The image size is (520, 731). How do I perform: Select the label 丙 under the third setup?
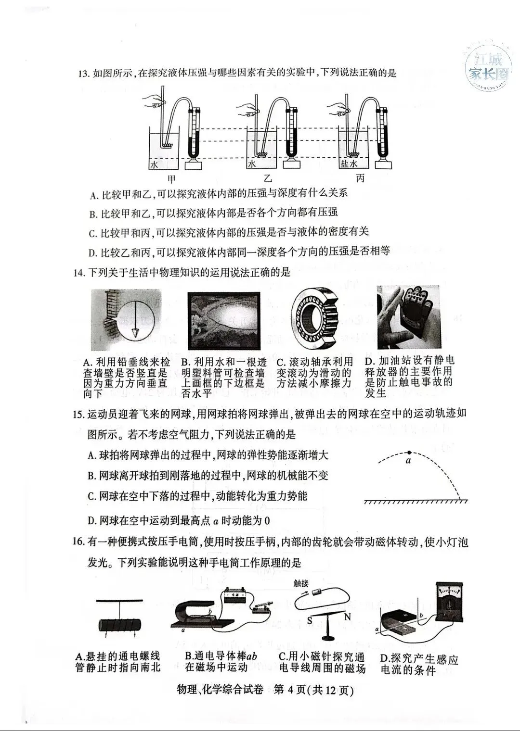tap(360, 179)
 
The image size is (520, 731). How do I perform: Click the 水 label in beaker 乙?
tap(251, 164)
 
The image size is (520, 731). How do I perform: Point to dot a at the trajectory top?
tap(409, 453)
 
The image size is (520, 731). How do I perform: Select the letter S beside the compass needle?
tap(310, 620)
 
